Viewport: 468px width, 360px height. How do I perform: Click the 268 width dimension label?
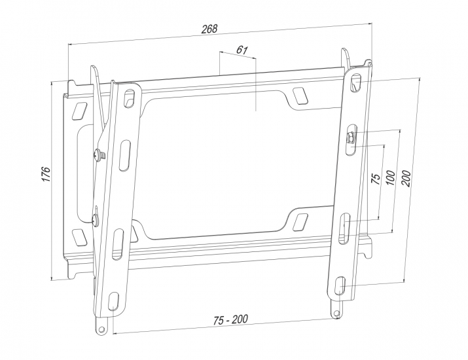[x=209, y=29]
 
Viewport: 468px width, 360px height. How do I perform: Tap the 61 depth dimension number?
[x=242, y=50]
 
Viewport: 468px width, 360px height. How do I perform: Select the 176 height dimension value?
[x=46, y=173]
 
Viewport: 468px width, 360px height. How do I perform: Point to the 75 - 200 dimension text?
[x=230, y=319]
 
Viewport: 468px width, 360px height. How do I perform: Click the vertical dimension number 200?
[x=406, y=178]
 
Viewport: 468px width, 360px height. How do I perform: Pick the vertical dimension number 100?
[x=391, y=177]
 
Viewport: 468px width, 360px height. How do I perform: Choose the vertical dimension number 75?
[x=376, y=179]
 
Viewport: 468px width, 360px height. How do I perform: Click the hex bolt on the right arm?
[x=350, y=138]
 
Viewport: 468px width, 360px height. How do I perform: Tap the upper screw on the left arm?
[x=99, y=154]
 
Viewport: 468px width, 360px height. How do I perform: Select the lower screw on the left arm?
[x=96, y=219]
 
